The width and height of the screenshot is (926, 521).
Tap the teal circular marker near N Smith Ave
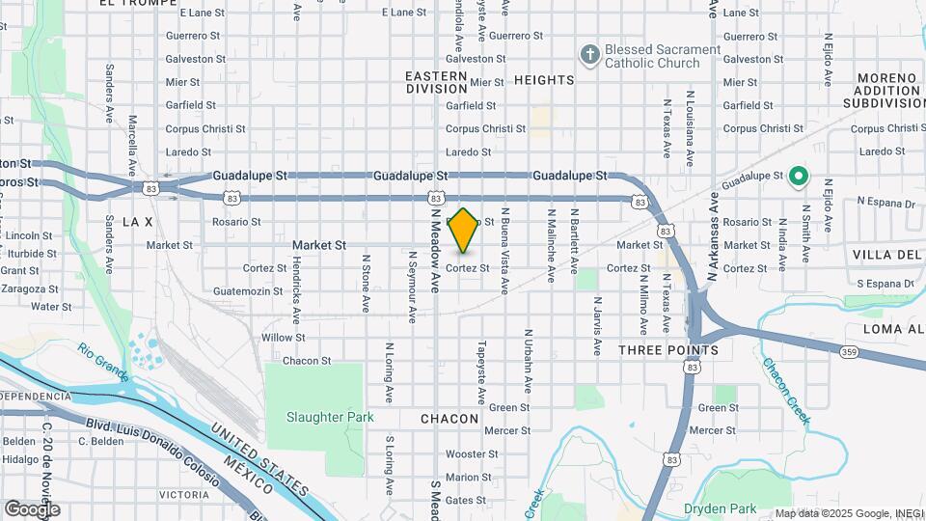[798, 177]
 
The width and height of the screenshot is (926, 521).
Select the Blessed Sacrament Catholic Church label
[663, 56]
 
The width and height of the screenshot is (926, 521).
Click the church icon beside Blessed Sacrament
[588, 55]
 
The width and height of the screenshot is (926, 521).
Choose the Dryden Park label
[719, 508]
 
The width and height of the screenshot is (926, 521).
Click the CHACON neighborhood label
[449, 419]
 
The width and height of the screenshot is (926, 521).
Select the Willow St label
[283, 338]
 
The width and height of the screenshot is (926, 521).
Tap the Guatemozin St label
[250, 290]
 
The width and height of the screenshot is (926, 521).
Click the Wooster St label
[471, 453]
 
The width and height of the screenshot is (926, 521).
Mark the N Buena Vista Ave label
[504, 249]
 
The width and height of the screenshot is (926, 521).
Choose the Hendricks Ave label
[297, 288]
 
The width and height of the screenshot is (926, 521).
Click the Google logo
[32, 508]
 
